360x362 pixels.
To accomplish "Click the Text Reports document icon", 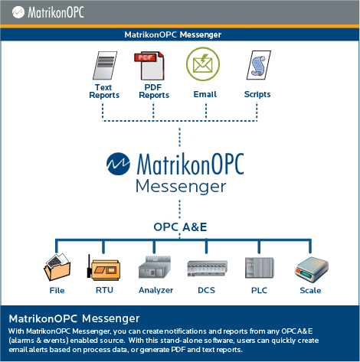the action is [x=105, y=66].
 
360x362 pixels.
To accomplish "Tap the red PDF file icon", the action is [x=149, y=66].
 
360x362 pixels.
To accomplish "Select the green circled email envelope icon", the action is [x=203, y=64].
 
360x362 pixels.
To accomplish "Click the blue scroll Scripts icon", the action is [x=259, y=65].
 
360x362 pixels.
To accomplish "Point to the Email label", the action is [x=205, y=94].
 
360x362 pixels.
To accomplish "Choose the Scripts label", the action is [x=257, y=94].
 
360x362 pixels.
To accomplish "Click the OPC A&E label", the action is [x=180, y=227].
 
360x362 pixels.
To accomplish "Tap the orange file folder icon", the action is [x=57, y=267].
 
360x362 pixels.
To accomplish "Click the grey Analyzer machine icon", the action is [x=155, y=267].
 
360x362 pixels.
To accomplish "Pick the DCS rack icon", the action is [x=207, y=269].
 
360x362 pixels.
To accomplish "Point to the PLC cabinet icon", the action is [x=260, y=268].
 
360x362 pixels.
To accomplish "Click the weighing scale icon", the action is [x=311, y=269].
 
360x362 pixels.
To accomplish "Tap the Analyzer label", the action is [x=155, y=290].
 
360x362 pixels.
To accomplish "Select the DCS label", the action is [x=206, y=290].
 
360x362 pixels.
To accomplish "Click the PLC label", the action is [x=259, y=290].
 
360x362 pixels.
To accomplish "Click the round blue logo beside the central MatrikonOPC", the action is [x=118, y=164].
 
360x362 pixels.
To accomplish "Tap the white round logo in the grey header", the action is [x=18, y=12].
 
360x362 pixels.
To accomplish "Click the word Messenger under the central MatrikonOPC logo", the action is [x=181, y=187].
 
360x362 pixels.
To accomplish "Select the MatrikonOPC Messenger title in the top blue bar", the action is [x=173, y=34].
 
